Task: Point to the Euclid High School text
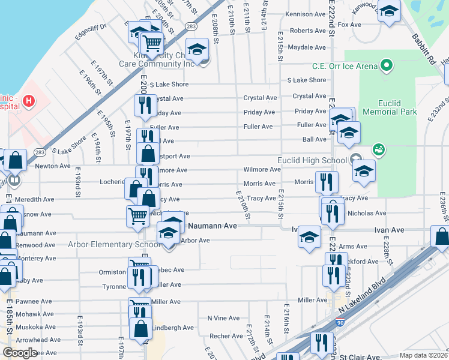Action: tap(312, 160)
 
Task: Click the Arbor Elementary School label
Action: tap(114, 244)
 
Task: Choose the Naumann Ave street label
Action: tap(212, 226)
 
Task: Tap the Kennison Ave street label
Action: tap(306, 14)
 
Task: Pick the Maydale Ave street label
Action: tap(306, 47)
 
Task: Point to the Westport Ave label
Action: tap(174, 156)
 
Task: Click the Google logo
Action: tap(20, 353)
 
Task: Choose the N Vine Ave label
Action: tap(223, 318)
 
